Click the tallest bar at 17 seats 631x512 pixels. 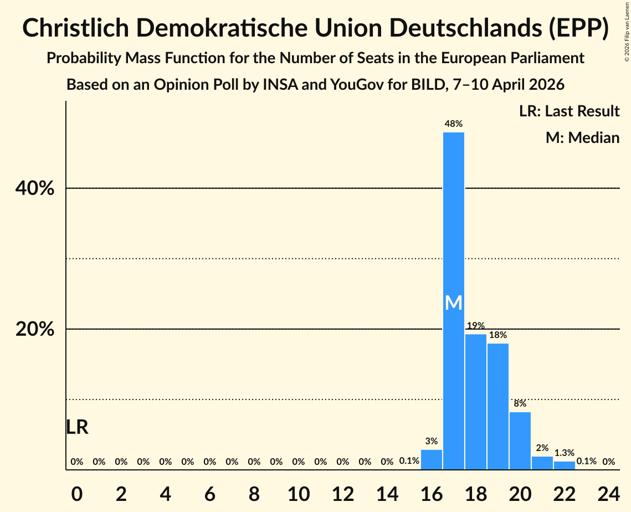click(454, 222)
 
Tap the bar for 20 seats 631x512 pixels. click(520, 441)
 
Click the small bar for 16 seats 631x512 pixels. click(432, 460)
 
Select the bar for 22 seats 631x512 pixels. click(565, 465)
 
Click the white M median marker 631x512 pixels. click(454, 303)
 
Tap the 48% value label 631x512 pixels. click(454, 124)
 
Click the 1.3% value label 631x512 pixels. click(565, 453)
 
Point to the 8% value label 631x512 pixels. click(520, 403)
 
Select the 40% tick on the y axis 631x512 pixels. click(35, 189)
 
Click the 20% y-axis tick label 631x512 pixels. click(35, 330)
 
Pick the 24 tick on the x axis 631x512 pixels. click(609, 492)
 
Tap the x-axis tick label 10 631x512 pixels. click(299, 492)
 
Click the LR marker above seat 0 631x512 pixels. click(77, 427)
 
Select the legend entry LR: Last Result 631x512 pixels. click(569, 111)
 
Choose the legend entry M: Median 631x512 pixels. click(582, 137)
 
